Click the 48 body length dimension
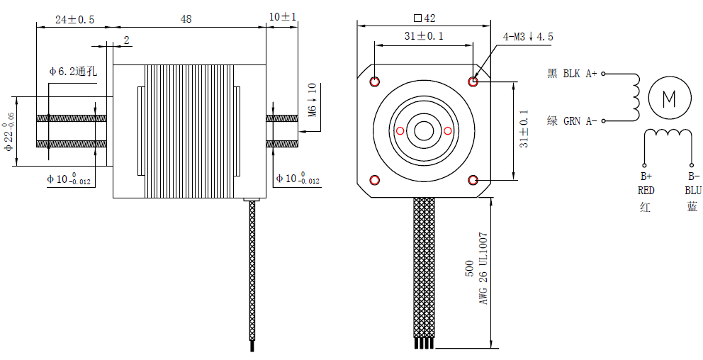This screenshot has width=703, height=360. click(x=186, y=19)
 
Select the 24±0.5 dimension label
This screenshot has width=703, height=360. click(x=74, y=19)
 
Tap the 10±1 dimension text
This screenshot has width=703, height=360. click(x=283, y=17)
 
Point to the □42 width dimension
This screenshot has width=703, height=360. click(x=424, y=18)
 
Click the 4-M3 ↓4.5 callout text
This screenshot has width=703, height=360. click(x=528, y=37)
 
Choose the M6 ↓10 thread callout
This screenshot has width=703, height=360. click(x=313, y=100)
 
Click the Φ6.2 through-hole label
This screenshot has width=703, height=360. click(x=73, y=71)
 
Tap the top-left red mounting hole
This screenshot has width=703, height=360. click(x=375, y=81)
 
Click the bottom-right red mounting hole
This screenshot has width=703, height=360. click(x=473, y=180)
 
